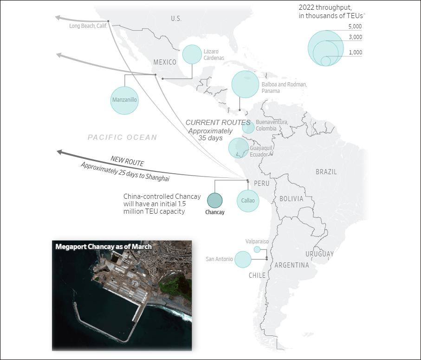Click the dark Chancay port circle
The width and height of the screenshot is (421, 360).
pyautogui.click(x=215, y=200)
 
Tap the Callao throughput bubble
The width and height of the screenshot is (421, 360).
pyautogui.click(x=248, y=201)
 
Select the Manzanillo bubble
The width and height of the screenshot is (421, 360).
pyautogui.click(x=124, y=100)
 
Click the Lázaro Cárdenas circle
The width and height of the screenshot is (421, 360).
pyautogui.click(x=192, y=54)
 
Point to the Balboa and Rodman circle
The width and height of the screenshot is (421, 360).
pyautogui.click(x=245, y=84)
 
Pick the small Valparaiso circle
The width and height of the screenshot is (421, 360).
pyautogui.click(x=257, y=249)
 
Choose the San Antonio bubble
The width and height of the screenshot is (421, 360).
pyautogui.click(x=243, y=259)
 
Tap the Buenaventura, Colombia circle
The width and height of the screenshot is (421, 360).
pyautogui.click(x=248, y=128)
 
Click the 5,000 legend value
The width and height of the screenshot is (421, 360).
pyautogui.click(x=355, y=26)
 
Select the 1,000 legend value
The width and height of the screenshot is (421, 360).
pyautogui.click(x=355, y=52)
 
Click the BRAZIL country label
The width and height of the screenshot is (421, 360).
pyautogui.click(x=326, y=172)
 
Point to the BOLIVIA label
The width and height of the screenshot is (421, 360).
pyautogui.click(x=291, y=199)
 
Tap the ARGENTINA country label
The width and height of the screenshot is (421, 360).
pyautogui.click(x=291, y=265)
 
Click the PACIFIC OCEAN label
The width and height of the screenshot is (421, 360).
pyautogui.click(x=123, y=137)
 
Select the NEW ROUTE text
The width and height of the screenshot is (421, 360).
pyautogui.click(x=127, y=161)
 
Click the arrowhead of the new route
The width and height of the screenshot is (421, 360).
pyautogui.click(x=59, y=152)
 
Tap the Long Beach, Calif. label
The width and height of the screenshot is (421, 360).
pyautogui.click(x=88, y=26)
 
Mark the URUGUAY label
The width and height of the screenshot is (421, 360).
pyautogui.click(x=319, y=254)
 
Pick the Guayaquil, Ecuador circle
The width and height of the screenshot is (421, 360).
pyautogui.click(x=239, y=148)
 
